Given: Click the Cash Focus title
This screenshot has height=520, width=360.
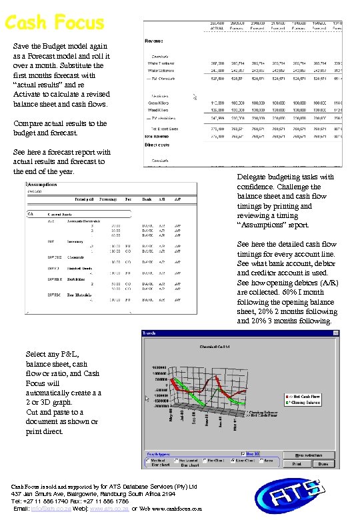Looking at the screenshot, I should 55,22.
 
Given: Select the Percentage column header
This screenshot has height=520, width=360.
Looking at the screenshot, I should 109,199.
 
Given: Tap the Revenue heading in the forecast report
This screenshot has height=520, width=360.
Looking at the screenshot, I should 155,41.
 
